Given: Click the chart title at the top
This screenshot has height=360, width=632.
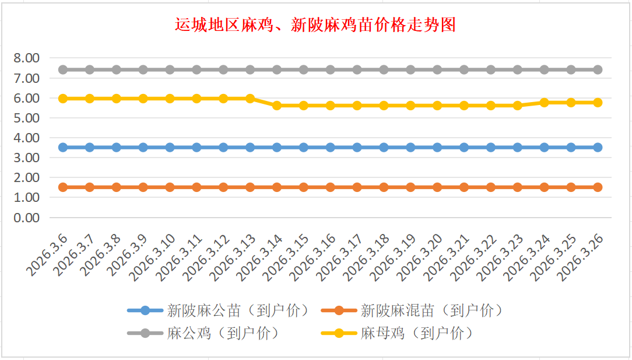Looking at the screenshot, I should point(315,25).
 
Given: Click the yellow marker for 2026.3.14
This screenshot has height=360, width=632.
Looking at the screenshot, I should point(277,106).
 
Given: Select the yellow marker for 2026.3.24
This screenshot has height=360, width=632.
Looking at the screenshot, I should point(545,102).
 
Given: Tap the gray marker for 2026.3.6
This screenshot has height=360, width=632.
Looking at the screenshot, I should point(63,69).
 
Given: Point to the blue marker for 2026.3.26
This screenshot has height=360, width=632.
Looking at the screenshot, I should point(598,147).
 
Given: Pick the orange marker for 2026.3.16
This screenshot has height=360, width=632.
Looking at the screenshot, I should point(331,187).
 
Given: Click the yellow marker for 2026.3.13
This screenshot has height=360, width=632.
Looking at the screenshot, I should point(250,99).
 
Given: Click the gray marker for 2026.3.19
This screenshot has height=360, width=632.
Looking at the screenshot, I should point(410,69).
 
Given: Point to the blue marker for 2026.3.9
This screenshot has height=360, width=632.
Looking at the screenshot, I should point(143,147).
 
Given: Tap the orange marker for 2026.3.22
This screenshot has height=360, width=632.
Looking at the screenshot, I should point(491,187).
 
